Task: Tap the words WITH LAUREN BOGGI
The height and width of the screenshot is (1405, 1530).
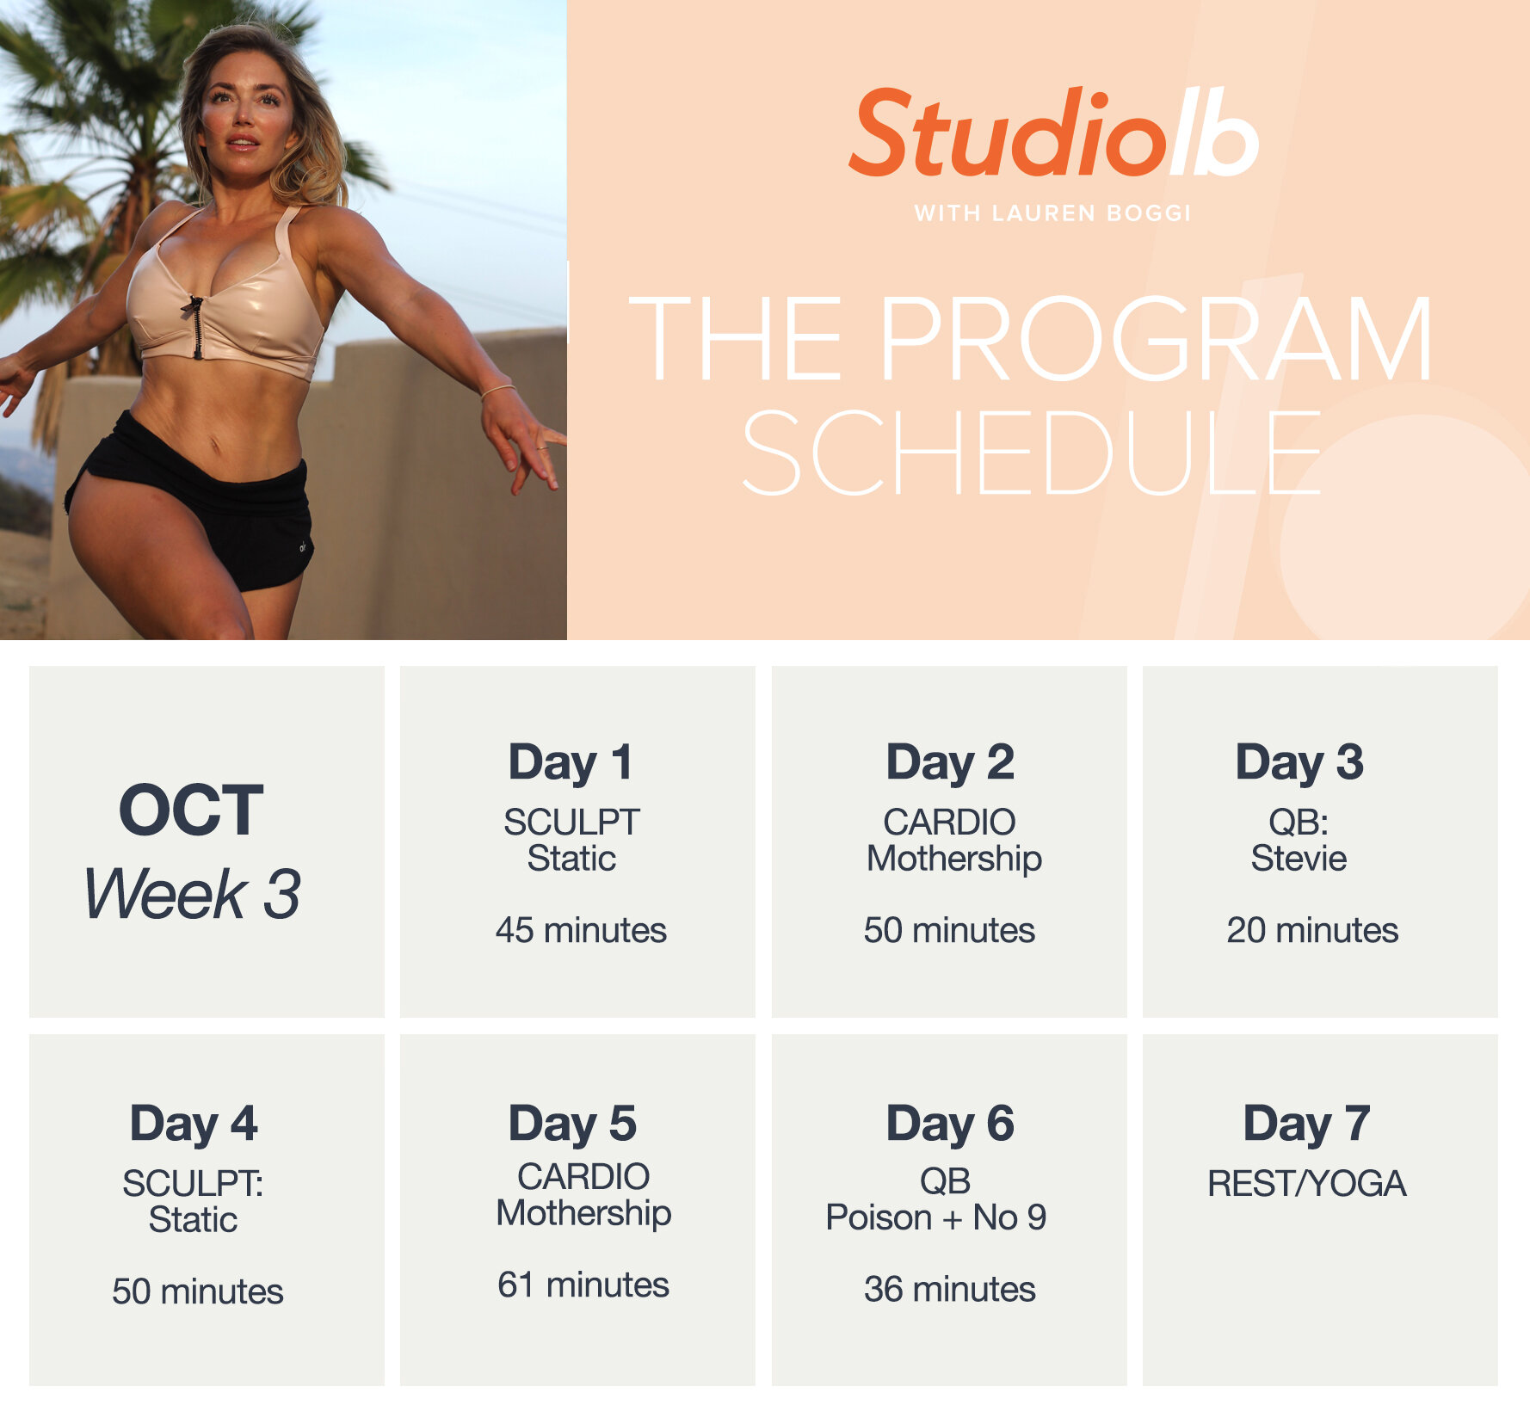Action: click(x=1052, y=213)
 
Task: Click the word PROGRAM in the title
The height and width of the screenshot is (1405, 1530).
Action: click(x=1155, y=339)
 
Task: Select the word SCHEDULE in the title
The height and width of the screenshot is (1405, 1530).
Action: click(x=1031, y=453)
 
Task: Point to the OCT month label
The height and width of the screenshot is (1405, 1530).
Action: click(x=191, y=810)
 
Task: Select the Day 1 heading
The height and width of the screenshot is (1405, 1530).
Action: click(x=571, y=762)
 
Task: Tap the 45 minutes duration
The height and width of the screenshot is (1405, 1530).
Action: click(x=581, y=930)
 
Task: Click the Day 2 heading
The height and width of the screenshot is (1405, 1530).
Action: click(x=950, y=762)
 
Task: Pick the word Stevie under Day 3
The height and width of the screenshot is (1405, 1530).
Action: click(x=1299, y=859)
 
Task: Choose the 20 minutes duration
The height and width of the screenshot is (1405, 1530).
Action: click(x=1312, y=930)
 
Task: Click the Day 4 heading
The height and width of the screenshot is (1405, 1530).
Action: click(x=194, y=1124)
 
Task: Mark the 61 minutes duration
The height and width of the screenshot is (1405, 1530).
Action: click(x=583, y=1285)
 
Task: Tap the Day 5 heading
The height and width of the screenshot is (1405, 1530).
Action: click(x=572, y=1124)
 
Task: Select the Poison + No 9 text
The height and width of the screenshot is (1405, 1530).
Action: click(x=935, y=1217)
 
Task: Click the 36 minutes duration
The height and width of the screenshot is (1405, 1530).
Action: click(x=949, y=1289)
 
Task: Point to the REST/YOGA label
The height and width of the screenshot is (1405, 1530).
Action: click(x=1306, y=1184)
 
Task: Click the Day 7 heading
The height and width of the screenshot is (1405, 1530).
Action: click(x=1306, y=1124)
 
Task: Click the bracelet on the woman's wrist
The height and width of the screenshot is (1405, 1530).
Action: click(x=497, y=391)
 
